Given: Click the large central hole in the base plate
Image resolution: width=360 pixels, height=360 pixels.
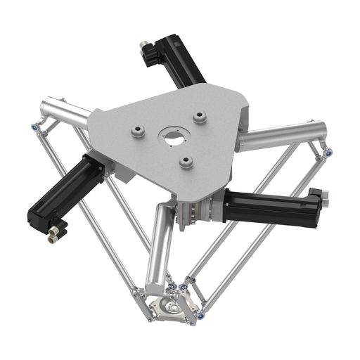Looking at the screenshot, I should pos(172,137).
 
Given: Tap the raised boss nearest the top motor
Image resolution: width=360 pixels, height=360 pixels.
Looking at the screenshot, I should pos(200,115).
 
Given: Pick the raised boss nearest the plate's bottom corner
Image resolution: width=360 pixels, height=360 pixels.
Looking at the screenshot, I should pos(186,162).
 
